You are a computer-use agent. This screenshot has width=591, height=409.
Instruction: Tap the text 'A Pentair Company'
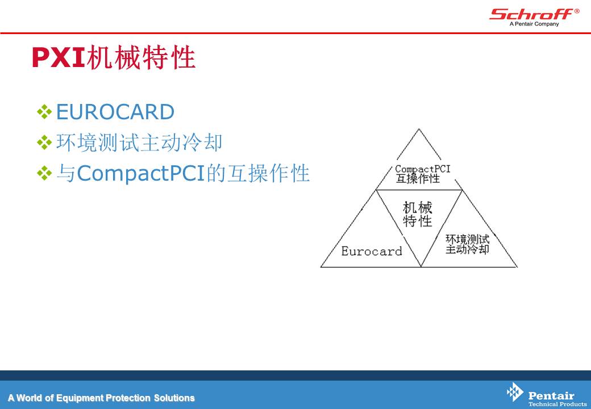534,24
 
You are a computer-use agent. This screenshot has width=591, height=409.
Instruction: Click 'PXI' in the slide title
59,57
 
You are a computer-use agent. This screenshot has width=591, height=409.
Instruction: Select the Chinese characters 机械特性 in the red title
141,57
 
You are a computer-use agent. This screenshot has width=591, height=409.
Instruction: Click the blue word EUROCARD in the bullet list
115,112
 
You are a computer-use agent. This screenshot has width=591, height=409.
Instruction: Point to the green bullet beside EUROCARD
44,112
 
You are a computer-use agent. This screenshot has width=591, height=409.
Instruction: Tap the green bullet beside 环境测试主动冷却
44,143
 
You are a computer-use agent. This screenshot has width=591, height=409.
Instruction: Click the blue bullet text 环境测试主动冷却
139,143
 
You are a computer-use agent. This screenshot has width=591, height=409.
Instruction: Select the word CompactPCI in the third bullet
140,174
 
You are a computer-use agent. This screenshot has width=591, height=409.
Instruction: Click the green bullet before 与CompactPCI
44,174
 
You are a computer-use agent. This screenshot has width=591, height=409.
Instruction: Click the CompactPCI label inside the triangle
423,169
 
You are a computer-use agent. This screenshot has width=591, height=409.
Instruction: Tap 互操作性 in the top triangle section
418,178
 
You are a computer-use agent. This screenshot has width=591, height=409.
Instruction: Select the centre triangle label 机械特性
418,214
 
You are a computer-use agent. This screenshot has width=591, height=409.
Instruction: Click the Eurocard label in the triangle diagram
372,251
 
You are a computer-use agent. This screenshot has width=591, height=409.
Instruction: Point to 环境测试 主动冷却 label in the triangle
467,244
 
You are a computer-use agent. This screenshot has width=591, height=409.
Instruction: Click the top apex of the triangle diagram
419,129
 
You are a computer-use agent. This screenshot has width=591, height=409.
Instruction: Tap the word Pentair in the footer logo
551,396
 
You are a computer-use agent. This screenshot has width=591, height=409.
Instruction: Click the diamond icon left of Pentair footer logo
515,393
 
